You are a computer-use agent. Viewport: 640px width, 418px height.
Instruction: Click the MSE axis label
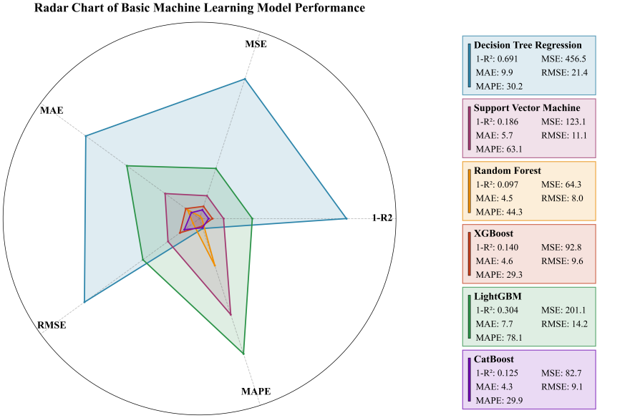pos(256,44)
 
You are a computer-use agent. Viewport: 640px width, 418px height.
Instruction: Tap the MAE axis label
pos(51,111)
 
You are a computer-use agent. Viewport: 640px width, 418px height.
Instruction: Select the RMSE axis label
pos(52,326)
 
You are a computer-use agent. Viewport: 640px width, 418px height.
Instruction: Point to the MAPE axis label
pos(256,392)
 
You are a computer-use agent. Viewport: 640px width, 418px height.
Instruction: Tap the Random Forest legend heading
pos(507,170)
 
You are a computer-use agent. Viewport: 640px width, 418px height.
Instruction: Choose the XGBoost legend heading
pos(493,233)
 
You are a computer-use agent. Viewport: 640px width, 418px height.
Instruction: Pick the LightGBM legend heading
pos(497,296)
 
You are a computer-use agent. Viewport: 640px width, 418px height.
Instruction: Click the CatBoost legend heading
pos(494,359)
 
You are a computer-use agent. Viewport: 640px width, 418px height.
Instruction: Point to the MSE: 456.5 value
pos(563,59)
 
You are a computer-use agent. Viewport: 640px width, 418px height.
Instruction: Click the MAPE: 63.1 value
pos(500,149)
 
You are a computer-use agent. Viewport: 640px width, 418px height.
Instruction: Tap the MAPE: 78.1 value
pos(500,337)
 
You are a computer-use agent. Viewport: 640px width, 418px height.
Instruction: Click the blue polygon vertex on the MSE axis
pos(245,79)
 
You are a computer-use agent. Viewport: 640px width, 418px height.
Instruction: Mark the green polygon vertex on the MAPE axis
pos(244,354)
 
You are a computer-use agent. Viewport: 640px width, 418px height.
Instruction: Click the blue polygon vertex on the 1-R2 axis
pos(346,218)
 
